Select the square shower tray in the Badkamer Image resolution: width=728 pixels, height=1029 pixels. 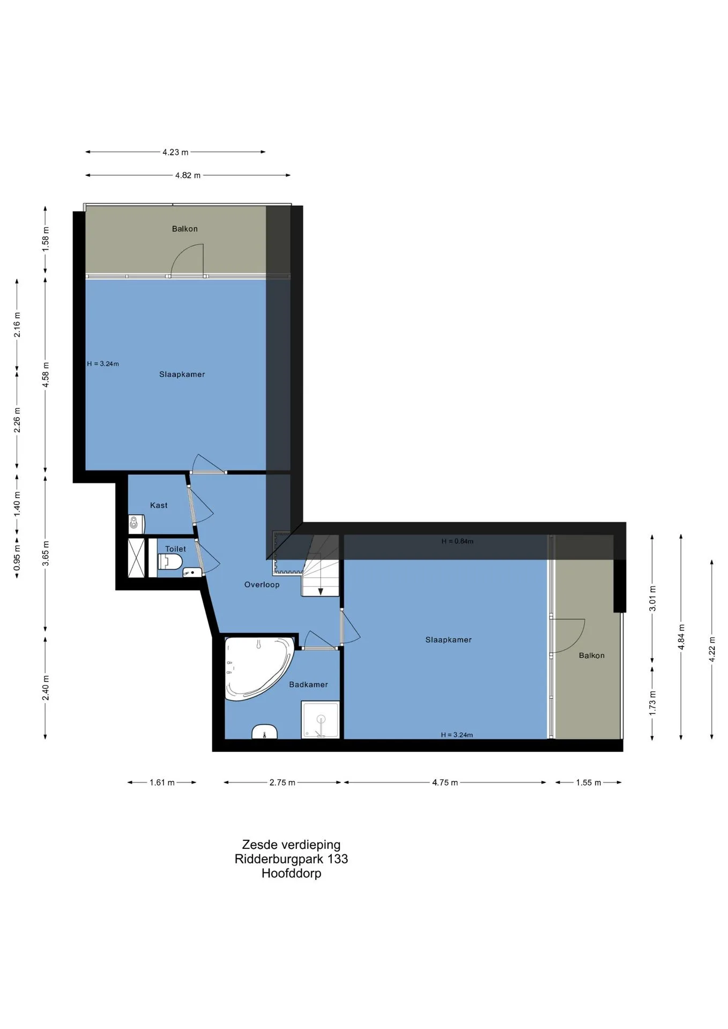click(320, 719)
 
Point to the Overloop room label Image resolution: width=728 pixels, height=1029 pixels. click(262, 585)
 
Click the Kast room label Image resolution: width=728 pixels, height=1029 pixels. click(159, 505)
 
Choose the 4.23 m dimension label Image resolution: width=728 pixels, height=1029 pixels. click(175, 152)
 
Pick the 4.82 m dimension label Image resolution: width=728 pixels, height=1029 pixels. click(188, 175)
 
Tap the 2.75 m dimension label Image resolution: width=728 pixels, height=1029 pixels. click(282, 782)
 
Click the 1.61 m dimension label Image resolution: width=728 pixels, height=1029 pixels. click(162, 782)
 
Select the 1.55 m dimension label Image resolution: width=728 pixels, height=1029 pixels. click(588, 782)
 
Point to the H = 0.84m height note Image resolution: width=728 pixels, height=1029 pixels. click(457, 541)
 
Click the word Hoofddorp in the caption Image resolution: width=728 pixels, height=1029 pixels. click(291, 873)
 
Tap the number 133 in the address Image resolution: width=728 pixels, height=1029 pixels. click(338, 859)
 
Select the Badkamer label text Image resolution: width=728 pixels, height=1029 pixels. click(308, 684)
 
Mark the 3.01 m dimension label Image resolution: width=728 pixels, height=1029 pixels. click(652, 599)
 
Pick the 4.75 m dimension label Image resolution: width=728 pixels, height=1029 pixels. click(445, 782)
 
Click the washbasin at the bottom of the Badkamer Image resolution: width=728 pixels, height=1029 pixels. click(264, 732)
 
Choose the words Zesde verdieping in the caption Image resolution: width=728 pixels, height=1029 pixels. click(291, 845)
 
